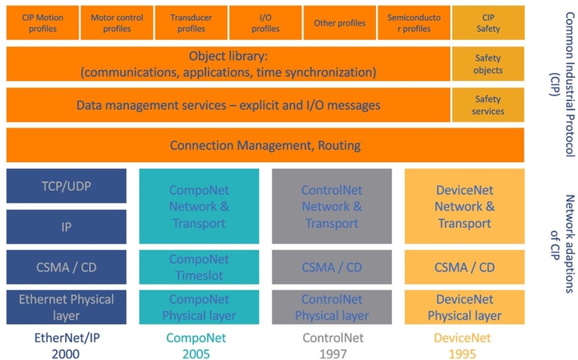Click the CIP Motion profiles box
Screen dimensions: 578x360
pyautogui.click(x=42, y=23)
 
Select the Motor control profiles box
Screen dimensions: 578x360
pyautogui.click(x=117, y=23)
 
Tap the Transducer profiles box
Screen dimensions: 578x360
pyautogui.click(x=191, y=23)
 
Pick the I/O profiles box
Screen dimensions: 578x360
pyautogui.click(x=265, y=23)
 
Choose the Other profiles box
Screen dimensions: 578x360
pyautogui.click(x=339, y=23)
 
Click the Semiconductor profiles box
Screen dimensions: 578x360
pyautogui.click(x=414, y=23)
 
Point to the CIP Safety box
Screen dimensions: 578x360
pyautogui.click(x=488, y=23)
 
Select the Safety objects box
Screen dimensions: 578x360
pyautogui.click(x=488, y=64)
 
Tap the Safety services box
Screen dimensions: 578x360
pyautogui.click(x=488, y=105)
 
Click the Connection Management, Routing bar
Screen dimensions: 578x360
pyautogui.click(x=265, y=145)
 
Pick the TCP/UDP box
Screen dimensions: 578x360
pyautogui.click(x=67, y=186)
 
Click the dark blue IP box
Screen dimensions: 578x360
pyautogui.click(x=67, y=227)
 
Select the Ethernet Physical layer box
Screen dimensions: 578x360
pyautogui.click(x=67, y=307)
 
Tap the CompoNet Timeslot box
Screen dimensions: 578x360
pyautogui.click(x=199, y=267)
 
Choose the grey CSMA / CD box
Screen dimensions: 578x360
pyautogui.click(x=332, y=267)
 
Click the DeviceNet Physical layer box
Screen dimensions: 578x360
pyautogui.click(x=464, y=307)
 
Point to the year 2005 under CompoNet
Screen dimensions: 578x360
pyautogui.click(x=196, y=354)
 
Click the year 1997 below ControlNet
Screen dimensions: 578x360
pyautogui.click(x=333, y=354)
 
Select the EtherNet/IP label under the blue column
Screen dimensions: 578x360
pyautogui.click(x=67, y=338)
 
